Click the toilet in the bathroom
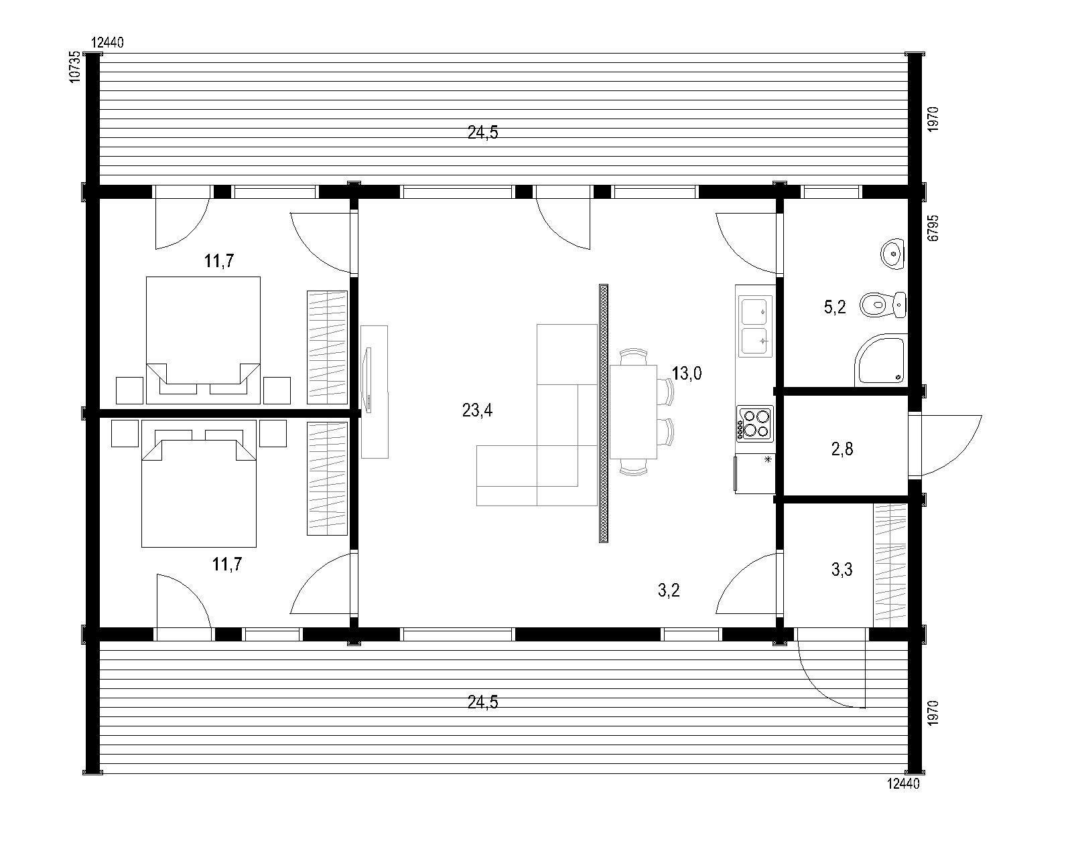[883, 304]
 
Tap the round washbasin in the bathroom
[892, 254]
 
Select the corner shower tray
[880, 359]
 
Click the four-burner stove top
[754, 423]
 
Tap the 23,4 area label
[477, 410]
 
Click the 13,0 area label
[687, 373]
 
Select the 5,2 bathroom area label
[835, 307]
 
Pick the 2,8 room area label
[842, 449]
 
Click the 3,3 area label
[842, 569]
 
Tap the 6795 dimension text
[933, 228]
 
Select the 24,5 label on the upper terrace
[482, 133]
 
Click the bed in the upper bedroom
[203, 340]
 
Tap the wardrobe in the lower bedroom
[327, 479]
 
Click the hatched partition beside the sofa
[603, 413]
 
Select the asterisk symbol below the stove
[768, 459]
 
